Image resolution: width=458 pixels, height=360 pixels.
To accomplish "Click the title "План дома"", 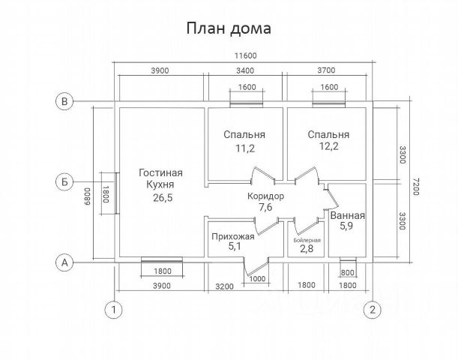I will click(x=229, y=28).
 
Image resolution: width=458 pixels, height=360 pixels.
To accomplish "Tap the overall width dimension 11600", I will click(x=245, y=57).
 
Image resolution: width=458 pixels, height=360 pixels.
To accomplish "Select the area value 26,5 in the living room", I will click(x=160, y=197).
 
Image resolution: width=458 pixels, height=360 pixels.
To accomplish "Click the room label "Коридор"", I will click(x=266, y=196).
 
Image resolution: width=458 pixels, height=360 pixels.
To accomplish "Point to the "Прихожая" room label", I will click(x=233, y=235).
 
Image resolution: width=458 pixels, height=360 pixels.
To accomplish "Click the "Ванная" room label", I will click(x=348, y=215).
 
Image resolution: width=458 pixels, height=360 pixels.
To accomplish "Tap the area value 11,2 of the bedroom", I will click(x=244, y=148).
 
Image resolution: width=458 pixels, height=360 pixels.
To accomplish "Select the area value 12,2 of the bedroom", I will click(x=328, y=148).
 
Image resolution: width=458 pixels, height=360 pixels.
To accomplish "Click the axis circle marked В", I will click(x=65, y=101).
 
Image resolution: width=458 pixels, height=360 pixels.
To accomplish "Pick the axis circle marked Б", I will click(x=65, y=181).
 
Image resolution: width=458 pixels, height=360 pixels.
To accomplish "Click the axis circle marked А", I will click(x=65, y=262).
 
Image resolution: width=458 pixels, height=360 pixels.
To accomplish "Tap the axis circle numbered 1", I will click(x=114, y=309).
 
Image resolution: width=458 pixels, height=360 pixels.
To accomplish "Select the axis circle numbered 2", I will click(x=371, y=309).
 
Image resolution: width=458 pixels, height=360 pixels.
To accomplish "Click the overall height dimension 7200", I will click(x=418, y=182).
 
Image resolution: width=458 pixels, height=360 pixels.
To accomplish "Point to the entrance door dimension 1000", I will click(x=258, y=280).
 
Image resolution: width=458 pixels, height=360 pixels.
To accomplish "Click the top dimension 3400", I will click(x=245, y=71).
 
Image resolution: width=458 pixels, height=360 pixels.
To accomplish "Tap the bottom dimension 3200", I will click(x=225, y=286).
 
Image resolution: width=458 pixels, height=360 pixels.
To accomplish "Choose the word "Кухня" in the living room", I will click(x=160, y=184).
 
